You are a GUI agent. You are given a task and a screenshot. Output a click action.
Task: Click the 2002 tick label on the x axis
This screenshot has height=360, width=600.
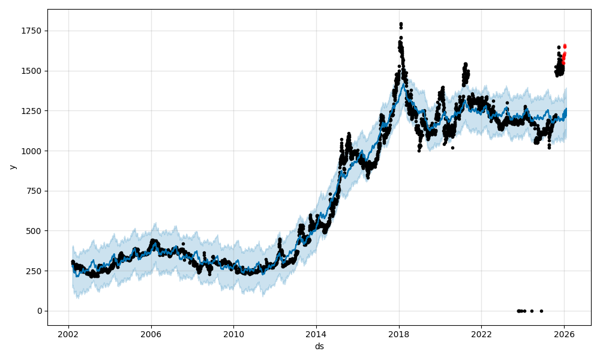[x=68, y=334]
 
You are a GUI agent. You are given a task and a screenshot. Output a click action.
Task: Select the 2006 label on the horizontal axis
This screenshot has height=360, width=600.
[x=151, y=334]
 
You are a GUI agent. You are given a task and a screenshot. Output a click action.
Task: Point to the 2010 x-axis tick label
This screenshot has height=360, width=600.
[x=233, y=334]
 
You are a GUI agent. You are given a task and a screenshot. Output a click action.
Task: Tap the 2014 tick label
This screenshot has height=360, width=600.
[x=316, y=334]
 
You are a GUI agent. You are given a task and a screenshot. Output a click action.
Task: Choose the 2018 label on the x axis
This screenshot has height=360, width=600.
[x=399, y=334]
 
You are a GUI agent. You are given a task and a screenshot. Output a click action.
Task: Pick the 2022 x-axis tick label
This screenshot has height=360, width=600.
[x=481, y=334]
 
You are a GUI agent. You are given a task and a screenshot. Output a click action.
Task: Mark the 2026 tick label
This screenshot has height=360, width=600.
[x=564, y=334]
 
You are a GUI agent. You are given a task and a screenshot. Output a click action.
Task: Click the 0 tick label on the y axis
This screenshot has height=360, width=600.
[x=40, y=311]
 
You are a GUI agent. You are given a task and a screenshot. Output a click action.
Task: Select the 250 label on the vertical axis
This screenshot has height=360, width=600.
[x=35, y=271]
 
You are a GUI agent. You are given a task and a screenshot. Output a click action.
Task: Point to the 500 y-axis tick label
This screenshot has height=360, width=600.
[x=35, y=231]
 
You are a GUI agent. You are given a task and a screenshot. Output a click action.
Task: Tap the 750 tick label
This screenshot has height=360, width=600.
[x=35, y=191]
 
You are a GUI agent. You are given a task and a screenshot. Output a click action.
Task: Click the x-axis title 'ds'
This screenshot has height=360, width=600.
[x=319, y=346]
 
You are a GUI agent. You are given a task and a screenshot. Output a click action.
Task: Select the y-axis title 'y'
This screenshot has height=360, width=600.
[x=11, y=167]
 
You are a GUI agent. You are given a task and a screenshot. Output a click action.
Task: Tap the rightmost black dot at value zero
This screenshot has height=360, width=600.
[x=541, y=311]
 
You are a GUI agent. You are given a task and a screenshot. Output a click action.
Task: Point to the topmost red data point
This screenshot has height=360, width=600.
[x=565, y=46]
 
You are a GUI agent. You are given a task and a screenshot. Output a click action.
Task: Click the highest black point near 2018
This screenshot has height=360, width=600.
[x=401, y=24]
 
